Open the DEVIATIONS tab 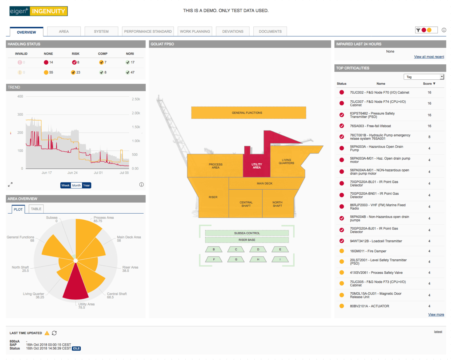(232, 31)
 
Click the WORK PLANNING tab (195, 31)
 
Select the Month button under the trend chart (76, 185)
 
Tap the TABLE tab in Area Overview (36, 209)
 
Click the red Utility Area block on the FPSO (256, 166)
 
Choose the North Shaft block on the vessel (277, 204)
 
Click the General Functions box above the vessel (248, 113)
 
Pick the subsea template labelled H (258, 259)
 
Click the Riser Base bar (247, 240)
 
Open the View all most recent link (429, 57)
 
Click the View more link (436, 314)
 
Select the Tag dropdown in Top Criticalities (424, 77)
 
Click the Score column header (429, 84)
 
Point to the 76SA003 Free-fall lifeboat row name (370, 126)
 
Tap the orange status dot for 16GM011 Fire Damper (342, 251)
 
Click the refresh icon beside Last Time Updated (54, 333)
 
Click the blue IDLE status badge (76, 349)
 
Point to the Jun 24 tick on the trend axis (72, 173)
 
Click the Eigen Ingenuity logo (38, 11)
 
